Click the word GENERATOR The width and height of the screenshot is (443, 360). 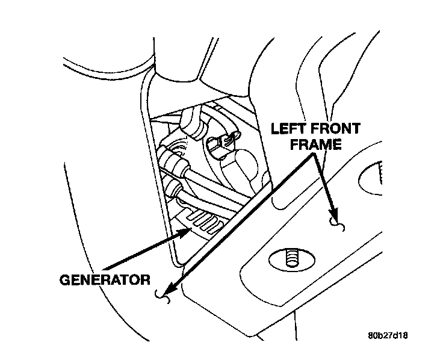104,279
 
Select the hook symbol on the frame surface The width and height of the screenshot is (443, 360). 338,226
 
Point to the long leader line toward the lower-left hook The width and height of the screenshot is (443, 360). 241,223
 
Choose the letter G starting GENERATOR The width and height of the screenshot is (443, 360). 65,279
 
